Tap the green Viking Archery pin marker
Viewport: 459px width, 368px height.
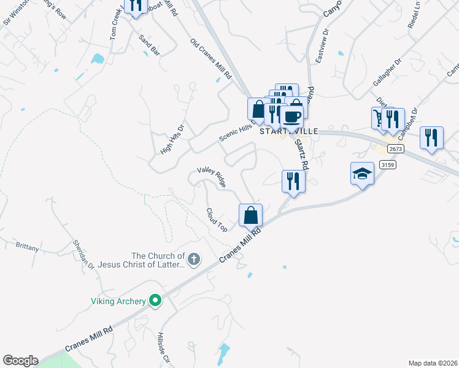click(x=156, y=301)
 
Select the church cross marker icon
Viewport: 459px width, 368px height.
click(x=194, y=259)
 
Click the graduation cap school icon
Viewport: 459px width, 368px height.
click(x=362, y=174)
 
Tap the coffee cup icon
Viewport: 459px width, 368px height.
click(x=291, y=115)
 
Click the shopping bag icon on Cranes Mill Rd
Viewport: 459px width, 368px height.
click(x=250, y=215)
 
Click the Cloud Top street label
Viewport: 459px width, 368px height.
click(x=217, y=220)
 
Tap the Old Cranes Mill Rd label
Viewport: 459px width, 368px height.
click(x=210, y=59)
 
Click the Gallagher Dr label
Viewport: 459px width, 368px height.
click(x=387, y=72)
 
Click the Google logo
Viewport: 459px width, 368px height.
click(x=20, y=361)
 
